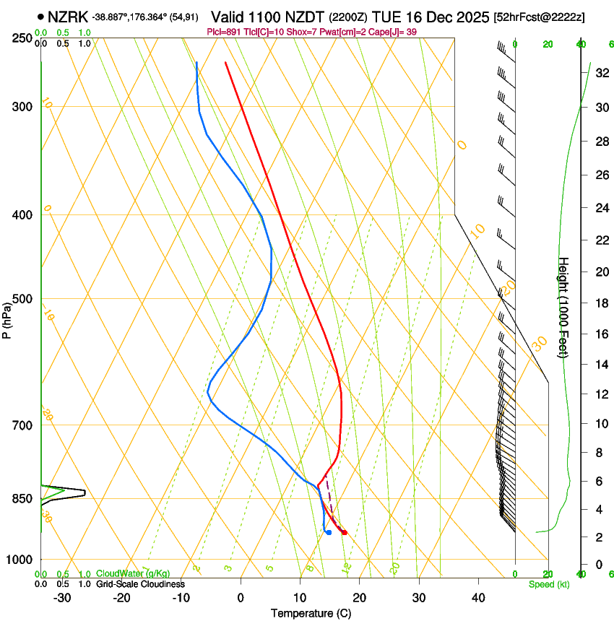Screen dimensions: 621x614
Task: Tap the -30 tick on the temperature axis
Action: click(61, 598)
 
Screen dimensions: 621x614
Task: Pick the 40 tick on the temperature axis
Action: click(478, 598)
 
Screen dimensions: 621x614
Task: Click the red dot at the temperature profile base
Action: click(345, 532)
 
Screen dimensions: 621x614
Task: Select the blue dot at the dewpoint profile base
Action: click(329, 532)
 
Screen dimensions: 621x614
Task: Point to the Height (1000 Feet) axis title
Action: click(563, 307)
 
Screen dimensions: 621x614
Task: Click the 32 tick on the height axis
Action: click(601, 72)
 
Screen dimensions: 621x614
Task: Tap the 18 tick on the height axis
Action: click(601, 303)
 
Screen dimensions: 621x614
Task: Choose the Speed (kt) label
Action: click(549, 584)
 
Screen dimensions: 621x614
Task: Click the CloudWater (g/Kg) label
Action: click(134, 574)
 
